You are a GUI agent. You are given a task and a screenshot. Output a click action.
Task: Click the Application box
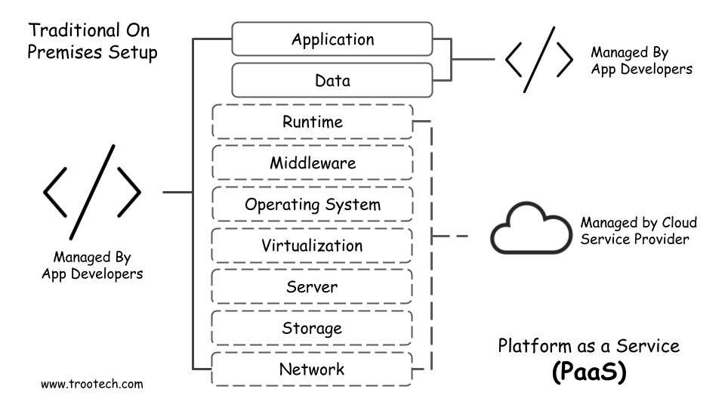(333, 39)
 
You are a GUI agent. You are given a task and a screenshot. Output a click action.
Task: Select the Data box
(333, 79)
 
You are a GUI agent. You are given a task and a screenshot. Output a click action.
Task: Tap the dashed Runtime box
(312, 122)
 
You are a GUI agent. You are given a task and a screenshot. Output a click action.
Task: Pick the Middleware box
(312, 162)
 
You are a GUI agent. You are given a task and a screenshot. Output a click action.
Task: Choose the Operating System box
(312, 204)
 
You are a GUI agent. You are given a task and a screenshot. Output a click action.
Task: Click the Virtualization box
(312, 246)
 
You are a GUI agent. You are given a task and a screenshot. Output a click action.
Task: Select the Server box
(312, 287)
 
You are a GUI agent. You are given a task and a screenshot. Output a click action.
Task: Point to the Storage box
(312, 328)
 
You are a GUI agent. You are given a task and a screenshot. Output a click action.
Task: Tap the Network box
(312, 369)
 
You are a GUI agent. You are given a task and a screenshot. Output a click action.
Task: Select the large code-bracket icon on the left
(92, 191)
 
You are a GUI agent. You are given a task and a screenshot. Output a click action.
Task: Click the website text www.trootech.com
(91, 384)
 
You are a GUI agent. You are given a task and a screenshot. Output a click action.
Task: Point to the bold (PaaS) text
(588, 372)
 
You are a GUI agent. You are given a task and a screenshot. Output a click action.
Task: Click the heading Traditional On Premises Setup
(92, 42)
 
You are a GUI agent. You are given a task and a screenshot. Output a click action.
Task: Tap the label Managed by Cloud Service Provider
(638, 231)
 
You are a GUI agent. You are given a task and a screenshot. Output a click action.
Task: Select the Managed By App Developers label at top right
(641, 61)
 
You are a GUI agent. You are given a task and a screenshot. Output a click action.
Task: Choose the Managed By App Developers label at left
(92, 264)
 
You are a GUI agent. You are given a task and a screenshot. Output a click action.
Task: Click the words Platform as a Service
(588, 346)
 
